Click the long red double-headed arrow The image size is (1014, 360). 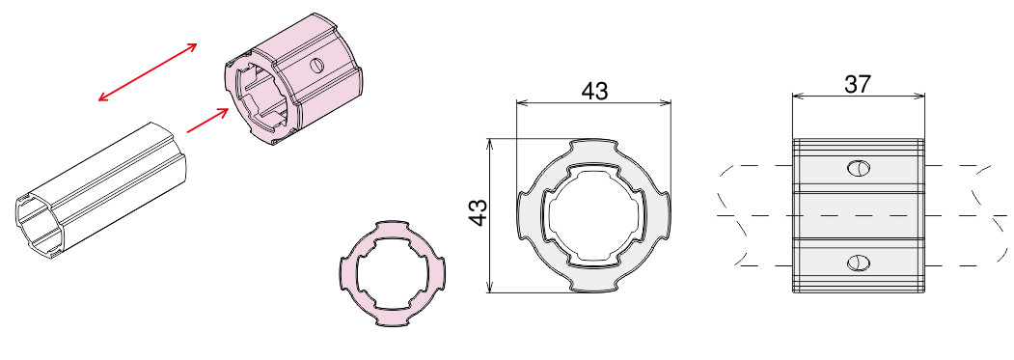[x=148, y=71]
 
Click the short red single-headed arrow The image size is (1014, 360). [x=207, y=121]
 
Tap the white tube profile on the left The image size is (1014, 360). [x=101, y=194]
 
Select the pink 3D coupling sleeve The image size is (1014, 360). [x=292, y=79]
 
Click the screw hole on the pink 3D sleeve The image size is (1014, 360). [x=316, y=65]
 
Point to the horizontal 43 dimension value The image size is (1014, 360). [x=594, y=92]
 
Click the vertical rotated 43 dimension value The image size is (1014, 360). [x=478, y=212]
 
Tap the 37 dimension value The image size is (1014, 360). [x=858, y=84]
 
